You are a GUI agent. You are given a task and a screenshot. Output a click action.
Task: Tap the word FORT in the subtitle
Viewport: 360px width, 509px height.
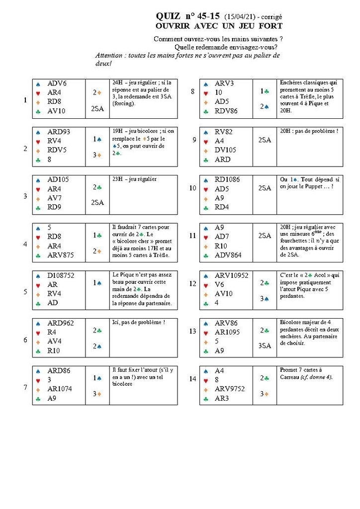click(x=270, y=25)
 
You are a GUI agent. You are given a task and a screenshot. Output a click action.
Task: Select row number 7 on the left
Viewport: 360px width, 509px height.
click(x=25, y=387)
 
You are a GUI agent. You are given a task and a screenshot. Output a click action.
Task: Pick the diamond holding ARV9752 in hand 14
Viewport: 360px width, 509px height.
click(x=230, y=389)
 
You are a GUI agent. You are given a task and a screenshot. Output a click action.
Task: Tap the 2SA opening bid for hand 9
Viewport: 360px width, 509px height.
click(x=265, y=140)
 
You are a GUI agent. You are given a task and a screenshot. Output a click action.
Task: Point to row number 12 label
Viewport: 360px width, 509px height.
click(x=193, y=291)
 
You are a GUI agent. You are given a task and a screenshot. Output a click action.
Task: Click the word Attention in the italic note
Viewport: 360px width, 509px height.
click(x=108, y=56)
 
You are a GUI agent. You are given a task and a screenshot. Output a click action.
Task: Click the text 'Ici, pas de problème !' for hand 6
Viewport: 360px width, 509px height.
click(x=138, y=322)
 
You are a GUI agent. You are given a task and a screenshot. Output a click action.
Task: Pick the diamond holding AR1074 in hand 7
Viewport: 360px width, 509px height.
click(x=60, y=389)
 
